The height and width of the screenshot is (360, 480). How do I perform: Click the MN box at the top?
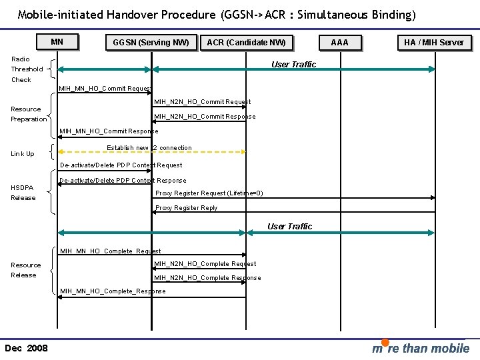coord(57,42)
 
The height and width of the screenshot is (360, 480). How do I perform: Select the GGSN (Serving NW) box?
coord(151,43)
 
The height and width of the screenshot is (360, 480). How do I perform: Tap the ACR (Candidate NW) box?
coord(246,43)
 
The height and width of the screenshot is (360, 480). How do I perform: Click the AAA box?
coord(340,43)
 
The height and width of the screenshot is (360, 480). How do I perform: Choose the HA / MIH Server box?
coord(434,42)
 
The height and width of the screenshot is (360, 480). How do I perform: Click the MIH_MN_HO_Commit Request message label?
coord(105,89)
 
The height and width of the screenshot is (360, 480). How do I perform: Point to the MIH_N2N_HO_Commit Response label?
coord(205,117)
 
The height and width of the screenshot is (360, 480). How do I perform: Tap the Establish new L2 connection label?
coord(149,148)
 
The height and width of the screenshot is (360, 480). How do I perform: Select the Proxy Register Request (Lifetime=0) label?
coord(209,193)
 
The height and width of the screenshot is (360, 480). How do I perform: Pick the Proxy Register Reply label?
coord(186,208)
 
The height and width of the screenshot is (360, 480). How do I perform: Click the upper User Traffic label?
coord(293,65)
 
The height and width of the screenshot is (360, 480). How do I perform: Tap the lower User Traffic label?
coord(289,227)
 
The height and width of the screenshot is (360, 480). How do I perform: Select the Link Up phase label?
coord(23,154)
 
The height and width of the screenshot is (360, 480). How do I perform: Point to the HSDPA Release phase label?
coord(23,193)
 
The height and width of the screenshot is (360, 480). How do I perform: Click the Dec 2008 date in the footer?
coord(26,348)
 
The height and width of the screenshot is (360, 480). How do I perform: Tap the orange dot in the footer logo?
coord(385,343)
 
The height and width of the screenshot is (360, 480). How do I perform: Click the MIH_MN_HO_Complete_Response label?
coord(113,291)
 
